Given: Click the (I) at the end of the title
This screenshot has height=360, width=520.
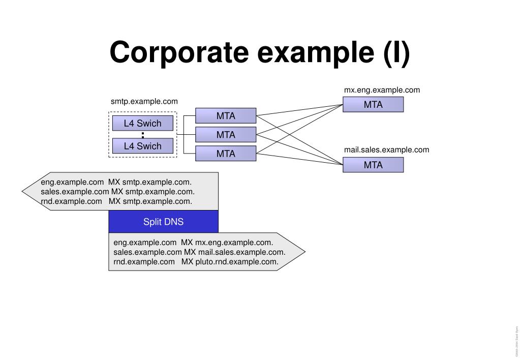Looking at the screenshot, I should [396, 53].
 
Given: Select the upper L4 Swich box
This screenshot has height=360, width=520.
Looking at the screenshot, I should [142, 123].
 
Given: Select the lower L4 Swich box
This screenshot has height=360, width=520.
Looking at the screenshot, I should [142, 146].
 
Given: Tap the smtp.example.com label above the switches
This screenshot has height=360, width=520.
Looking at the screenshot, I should [144, 102].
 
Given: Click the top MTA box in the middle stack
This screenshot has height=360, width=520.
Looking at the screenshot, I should [226, 116].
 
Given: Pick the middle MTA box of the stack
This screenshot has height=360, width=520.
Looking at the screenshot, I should [226, 135].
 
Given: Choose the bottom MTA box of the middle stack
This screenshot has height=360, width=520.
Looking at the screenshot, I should [226, 154].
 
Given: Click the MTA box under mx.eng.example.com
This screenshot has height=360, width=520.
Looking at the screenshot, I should [373, 105].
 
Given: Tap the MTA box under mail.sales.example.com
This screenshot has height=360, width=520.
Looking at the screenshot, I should [373, 165].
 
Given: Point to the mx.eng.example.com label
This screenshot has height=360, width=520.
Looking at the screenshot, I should [382, 90].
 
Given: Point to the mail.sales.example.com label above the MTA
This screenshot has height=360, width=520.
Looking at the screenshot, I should [386, 149].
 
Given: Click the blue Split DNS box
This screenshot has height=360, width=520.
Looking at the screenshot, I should [163, 222].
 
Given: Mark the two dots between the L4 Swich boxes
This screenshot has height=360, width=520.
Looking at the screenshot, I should [143, 135].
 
